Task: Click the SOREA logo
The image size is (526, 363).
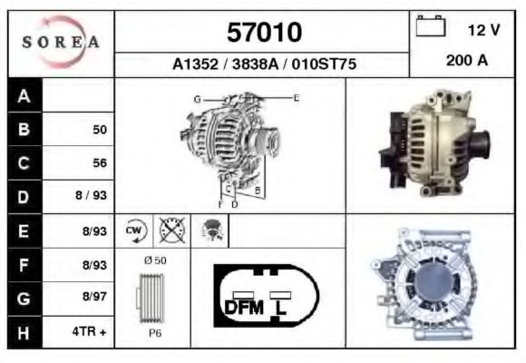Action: [x=61, y=42]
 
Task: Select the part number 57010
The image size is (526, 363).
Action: [x=264, y=33]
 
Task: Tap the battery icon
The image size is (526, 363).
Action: [x=431, y=25]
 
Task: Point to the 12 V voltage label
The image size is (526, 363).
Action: [x=483, y=30]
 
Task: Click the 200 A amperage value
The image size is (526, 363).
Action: [x=467, y=61]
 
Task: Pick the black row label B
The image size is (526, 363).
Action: [x=24, y=129]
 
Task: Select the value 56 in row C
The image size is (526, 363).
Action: [x=100, y=163]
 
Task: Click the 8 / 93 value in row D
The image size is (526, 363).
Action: [x=91, y=195]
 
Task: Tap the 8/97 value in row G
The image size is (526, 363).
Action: [x=94, y=297]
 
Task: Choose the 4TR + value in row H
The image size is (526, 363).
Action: [x=89, y=332]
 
